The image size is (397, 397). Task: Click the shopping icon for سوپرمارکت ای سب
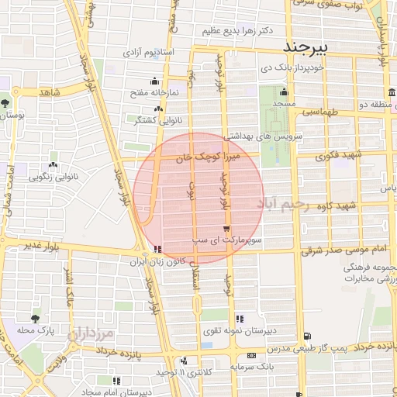point(226,230)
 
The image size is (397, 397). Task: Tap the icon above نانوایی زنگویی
point(53,165)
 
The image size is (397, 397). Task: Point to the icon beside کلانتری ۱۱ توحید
point(184,361)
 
